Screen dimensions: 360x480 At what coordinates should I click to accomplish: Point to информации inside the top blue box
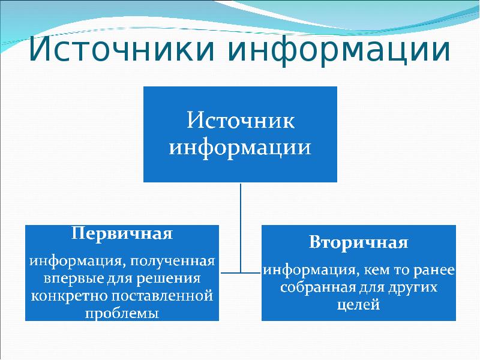click(x=240, y=147)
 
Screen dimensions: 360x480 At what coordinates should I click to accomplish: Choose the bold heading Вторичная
click(x=359, y=243)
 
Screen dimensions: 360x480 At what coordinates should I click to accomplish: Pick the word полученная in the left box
click(x=176, y=262)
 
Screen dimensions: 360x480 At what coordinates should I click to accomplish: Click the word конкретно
click(x=64, y=296)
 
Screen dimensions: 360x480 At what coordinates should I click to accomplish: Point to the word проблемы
click(x=122, y=313)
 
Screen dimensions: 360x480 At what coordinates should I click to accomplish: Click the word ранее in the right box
click(x=435, y=271)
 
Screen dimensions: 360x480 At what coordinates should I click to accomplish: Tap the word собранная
click(x=312, y=287)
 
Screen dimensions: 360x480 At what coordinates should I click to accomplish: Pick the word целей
click(x=359, y=305)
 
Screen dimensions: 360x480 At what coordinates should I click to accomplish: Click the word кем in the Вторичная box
click(x=363, y=271)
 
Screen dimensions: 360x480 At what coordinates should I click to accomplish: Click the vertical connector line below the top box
click(x=241, y=222)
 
